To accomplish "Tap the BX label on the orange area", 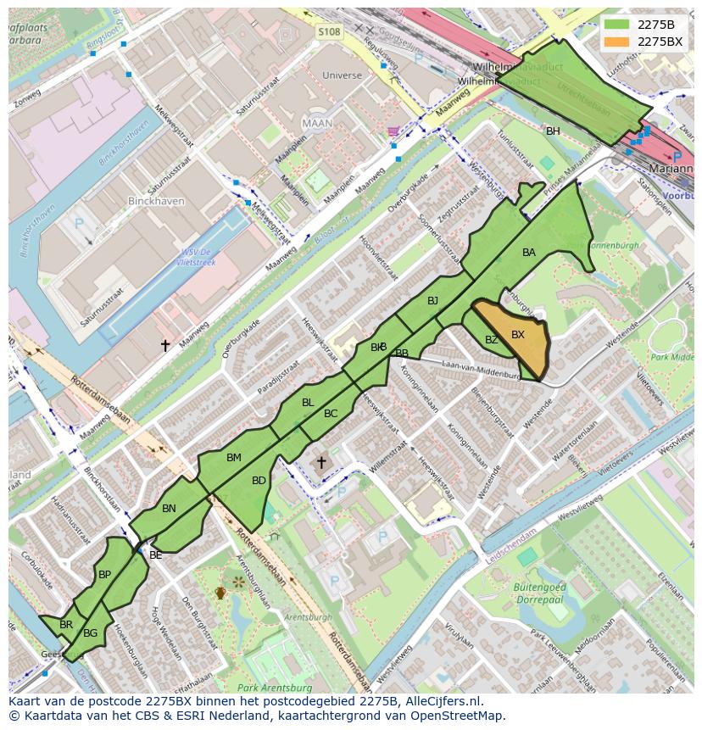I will pos(517,335).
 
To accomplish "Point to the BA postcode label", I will pos(529,253).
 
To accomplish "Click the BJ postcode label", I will pos(432,301).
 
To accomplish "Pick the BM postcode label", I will pos(234,458).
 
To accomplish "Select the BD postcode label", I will pos(259,481).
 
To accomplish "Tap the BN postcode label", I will pos(169,509).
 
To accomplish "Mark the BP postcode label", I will pos(104,575).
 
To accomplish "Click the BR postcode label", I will pos(66,625).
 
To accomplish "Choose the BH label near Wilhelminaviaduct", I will pos(553,131).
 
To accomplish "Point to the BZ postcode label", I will pos(491,340).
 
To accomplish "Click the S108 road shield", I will pos(329,32).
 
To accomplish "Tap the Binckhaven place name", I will pos(149,202).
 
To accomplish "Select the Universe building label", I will pos(342,75).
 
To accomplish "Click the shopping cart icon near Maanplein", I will pos(392,131).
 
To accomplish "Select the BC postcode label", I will pos(331,414).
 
